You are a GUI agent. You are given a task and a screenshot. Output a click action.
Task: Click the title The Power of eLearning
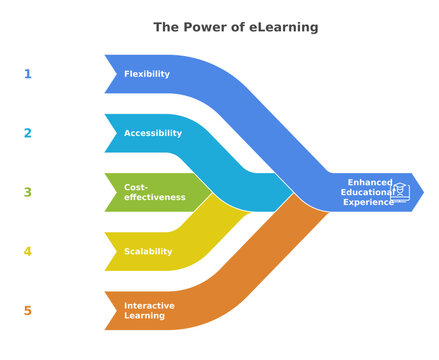[x=235, y=27]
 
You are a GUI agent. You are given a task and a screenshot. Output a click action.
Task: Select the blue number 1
[x=28, y=74]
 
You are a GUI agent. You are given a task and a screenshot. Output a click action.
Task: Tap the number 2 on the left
[x=28, y=133]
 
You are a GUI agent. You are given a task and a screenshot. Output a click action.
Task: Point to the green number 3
[x=28, y=192]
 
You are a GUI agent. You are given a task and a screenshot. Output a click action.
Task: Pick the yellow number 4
[x=28, y=251]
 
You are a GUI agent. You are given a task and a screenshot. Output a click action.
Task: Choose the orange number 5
[x=28, y=311]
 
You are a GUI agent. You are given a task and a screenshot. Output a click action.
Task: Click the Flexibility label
[x=147, y=74]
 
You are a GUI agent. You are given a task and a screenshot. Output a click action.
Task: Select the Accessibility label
[x=153, y=133]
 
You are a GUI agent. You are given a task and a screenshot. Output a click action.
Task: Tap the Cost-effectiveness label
[x=155, y=192]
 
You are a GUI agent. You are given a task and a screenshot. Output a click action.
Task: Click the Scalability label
[x=148, y=251]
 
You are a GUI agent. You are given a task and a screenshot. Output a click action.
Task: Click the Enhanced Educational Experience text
[x=368, y=192]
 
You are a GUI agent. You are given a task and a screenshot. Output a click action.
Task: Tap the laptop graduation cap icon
[x=401, y=191]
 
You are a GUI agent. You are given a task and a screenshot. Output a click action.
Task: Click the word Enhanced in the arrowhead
[x=369, y=182]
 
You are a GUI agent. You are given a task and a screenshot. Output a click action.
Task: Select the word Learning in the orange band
[x=146, y=316]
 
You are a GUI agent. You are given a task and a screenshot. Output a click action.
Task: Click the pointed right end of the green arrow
[x=211, y=192]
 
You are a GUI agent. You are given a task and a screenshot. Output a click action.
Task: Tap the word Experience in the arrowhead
[x=368, y=202]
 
